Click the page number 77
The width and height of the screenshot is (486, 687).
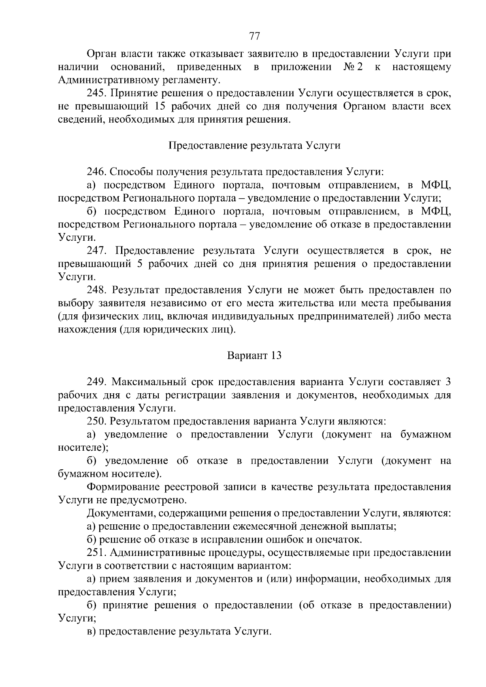pyautogui.click(x=254, y=36)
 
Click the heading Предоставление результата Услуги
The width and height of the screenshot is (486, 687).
pyautogui.click(x=254, y=146)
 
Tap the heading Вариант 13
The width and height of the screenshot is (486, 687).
pyautogui.click(x=254, y=356)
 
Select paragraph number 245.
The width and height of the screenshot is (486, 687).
pyautogui.click(x=97, y=93)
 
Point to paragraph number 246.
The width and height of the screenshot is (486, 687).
pyautogui.click(x=97, y=172)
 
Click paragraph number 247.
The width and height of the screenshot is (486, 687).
pyautogui.click(x=97, y=251)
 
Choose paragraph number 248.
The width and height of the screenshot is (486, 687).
pyautogui.click(x=97, y=290)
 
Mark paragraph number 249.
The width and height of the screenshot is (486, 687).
pyautogui.click(x=97, y=382)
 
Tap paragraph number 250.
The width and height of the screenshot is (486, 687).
pyautogui.click(x=97, y=422)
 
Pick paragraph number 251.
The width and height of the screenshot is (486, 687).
pyautogui.click(x=97, y=553)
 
